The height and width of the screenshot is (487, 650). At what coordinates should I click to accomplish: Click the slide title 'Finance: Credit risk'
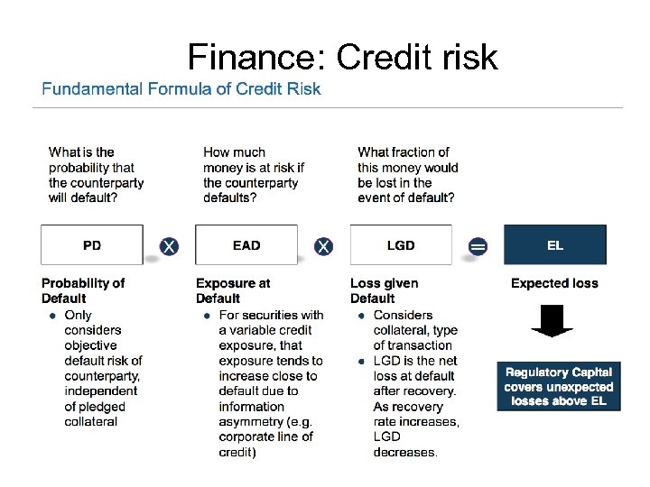342,58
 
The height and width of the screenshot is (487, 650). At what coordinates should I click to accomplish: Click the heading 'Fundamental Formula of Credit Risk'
181,88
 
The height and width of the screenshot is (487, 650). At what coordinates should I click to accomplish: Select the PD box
92,245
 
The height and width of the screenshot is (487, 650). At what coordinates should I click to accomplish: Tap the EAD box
246,245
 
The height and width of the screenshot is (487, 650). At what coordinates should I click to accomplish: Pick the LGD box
401,245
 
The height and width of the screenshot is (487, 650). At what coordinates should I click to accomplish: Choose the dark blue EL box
554,245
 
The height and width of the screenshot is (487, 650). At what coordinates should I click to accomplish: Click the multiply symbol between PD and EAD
169,246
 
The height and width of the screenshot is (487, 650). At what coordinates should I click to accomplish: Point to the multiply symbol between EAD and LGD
323,246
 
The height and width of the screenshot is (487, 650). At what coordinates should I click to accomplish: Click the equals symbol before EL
478,246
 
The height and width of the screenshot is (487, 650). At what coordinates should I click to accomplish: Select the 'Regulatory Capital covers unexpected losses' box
559,386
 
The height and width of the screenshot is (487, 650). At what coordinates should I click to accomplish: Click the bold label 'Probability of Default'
83,290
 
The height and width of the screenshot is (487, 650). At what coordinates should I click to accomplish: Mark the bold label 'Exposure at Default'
233,290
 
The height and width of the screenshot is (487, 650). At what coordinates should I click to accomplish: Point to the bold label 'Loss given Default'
384,290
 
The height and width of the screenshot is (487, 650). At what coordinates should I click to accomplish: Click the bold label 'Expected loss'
554,283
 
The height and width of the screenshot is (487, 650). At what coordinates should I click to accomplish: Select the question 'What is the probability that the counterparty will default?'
96,175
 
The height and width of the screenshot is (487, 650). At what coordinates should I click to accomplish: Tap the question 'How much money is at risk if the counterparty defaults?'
254,175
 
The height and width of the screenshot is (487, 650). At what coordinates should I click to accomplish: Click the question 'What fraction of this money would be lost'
407,175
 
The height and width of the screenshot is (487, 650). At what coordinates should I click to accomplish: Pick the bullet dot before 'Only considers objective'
53,316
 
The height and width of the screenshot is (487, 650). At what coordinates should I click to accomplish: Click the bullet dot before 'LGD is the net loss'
361,361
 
